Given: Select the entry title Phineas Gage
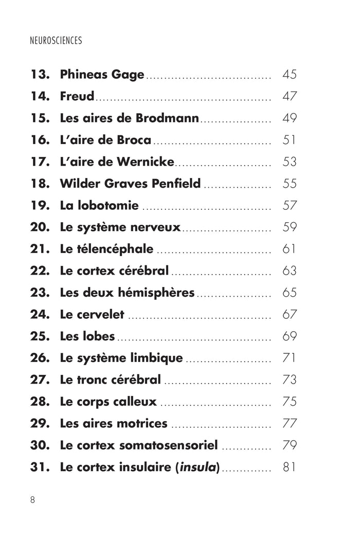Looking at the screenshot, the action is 102,75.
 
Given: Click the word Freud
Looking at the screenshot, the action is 77,96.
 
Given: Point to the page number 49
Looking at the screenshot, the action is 290,118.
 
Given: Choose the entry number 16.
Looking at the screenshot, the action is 40,140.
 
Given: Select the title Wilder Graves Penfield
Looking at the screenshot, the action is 130,184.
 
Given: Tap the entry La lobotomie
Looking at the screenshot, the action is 99,206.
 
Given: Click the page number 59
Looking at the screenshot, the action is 290,227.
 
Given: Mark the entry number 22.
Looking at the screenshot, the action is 40,271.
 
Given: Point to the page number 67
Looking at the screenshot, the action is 290,315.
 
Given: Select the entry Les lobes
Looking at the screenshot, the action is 87,336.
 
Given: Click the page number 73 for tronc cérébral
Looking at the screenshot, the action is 290,380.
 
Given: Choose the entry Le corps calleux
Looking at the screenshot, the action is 108,402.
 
